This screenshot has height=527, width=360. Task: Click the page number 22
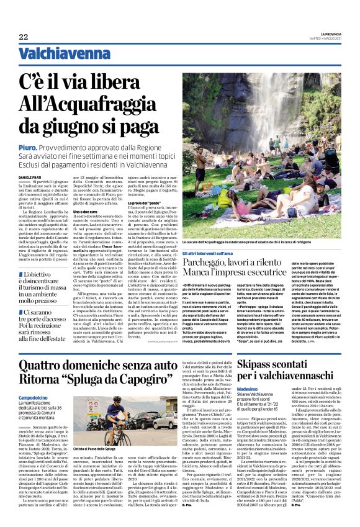coord(24,37)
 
